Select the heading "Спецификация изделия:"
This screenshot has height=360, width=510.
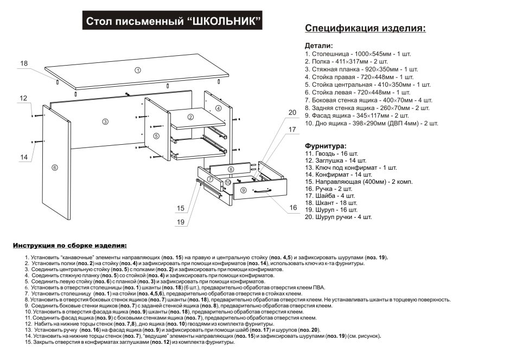click(x=365, y=28)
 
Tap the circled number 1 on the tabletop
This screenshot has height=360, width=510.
click(x=138, y=70)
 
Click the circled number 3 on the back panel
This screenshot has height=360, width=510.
click(x=105, y=121)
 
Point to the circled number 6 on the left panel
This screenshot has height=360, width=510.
click(x=55, y=167)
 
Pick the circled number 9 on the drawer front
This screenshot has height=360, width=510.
click(x=243, y=190)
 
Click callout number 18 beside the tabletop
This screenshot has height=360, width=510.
click(x=23, y=63)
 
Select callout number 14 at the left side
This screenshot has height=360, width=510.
click(x=23, y=157)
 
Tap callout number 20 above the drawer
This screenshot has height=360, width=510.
click(x=292, y=113)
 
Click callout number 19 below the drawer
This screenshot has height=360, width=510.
click(x=181, y=221)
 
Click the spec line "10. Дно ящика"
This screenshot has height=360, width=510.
click(x=371, y=123)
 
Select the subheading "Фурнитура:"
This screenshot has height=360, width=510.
click(x=324, y=146)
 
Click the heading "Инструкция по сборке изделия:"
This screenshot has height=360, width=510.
click(x=70, y=246)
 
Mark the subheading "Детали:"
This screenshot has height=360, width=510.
click(x=318, y=46)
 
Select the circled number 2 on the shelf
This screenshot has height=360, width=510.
click(x=190, y=117)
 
